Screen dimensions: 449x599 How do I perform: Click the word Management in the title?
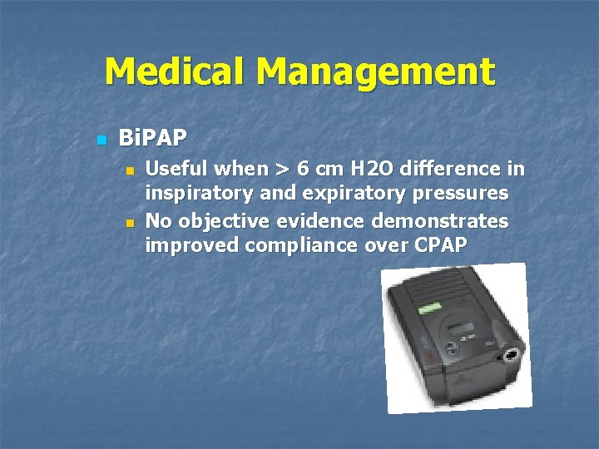pos(375,72)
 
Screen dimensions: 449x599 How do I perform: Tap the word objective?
pos(220,220)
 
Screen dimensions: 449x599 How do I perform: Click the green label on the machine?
pos(429,308)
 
